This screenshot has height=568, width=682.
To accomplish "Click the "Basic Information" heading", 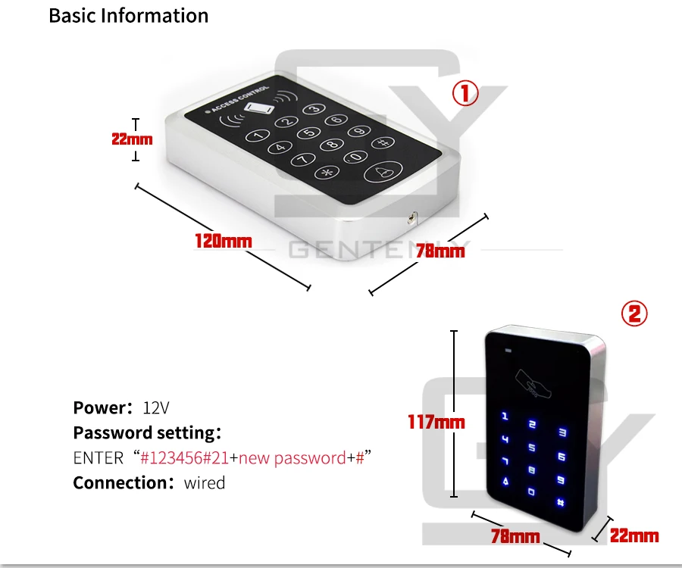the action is [129, 16].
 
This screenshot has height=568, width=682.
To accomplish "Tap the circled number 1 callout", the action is [465, 93].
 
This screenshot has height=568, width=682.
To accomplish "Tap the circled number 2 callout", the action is [634, 314].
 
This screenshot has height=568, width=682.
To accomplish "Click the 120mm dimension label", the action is [223, 241].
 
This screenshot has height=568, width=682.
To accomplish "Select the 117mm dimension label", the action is [436, 422].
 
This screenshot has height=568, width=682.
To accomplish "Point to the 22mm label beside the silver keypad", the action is [132, 139].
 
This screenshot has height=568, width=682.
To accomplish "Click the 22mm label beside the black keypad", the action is [634, 535].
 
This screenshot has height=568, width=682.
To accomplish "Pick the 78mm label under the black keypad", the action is [515, 536].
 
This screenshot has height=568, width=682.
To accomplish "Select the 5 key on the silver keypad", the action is [309, 132].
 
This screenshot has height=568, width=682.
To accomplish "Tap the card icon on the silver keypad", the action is [259, 108].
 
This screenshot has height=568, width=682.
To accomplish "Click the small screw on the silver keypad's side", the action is [412, 217].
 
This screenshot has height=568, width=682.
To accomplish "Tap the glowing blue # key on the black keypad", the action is [561, 502].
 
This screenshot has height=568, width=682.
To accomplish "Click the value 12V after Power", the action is [155, 408].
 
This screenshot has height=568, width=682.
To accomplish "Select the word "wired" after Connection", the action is [205, 483].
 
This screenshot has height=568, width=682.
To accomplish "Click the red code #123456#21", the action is [184, 458].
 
